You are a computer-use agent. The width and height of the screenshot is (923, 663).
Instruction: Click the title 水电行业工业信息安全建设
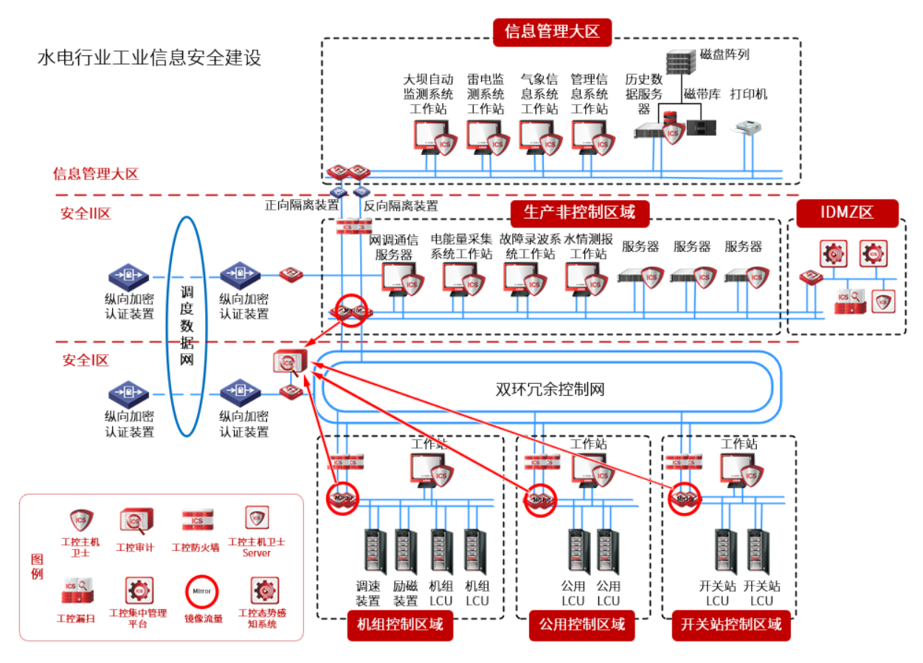click(x=150, y=58)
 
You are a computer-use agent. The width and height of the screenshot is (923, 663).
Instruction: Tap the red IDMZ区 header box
click(x=847, y=213)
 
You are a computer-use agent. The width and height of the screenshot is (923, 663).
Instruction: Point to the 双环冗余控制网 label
click(x=550, y=389)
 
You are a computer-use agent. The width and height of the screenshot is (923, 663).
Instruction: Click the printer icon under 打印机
click(x=747, y=128)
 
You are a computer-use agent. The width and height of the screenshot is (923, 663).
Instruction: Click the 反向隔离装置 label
click(x=401, y=205)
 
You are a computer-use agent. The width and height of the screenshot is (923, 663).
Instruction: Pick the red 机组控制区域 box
click(x=400, y=625)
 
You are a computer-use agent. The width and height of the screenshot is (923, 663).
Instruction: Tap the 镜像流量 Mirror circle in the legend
click(x=202, y=591)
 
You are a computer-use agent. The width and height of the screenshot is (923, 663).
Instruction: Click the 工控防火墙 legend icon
click(x=197, y=520)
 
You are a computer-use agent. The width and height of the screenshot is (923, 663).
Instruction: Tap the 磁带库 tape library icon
click(x=701, y=127)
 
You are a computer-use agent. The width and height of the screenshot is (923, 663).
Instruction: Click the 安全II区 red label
click(x=86, y=215)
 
